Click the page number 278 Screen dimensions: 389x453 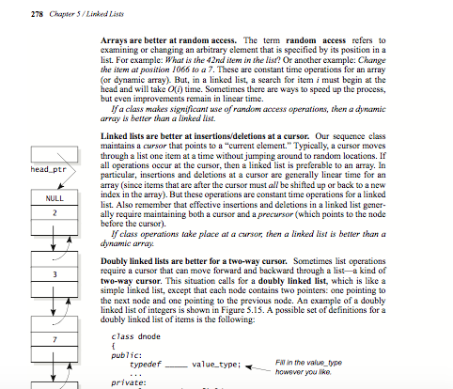point(11,9)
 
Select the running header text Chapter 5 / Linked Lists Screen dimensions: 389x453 point(61,9)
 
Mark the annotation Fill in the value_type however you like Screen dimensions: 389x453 point(305,366)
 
